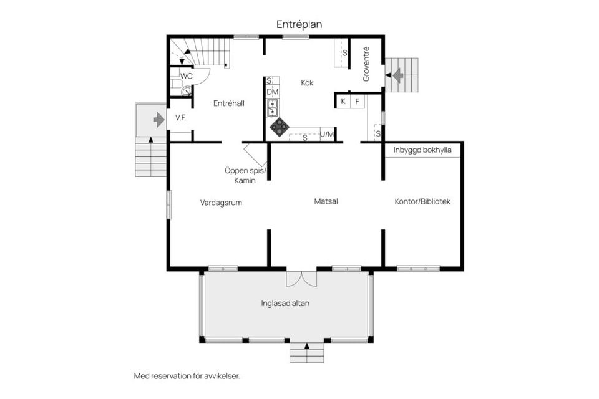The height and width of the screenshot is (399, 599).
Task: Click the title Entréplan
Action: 299,24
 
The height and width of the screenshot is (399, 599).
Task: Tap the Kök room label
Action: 307,82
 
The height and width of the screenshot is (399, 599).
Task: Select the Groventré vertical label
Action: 366,64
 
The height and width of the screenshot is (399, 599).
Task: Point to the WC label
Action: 186,75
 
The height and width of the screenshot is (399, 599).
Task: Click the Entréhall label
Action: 228,103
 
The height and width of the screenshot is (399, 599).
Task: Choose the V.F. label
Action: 182,118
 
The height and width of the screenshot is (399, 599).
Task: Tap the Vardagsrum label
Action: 221,203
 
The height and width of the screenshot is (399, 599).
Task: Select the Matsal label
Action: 326,201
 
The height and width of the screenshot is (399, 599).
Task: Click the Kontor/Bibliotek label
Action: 422,202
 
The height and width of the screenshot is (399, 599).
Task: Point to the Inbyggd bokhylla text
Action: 422,150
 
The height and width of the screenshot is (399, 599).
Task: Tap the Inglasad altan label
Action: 285,304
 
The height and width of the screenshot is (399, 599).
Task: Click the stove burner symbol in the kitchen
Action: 279,127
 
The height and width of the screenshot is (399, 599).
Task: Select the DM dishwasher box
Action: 272,92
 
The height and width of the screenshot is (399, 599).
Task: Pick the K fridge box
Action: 343,101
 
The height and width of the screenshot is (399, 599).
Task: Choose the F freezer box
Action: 358,101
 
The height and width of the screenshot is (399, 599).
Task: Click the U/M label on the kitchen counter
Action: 327,135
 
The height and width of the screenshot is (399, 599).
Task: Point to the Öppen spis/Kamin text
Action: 245,175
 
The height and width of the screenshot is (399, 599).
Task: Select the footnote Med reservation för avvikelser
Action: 187,376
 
